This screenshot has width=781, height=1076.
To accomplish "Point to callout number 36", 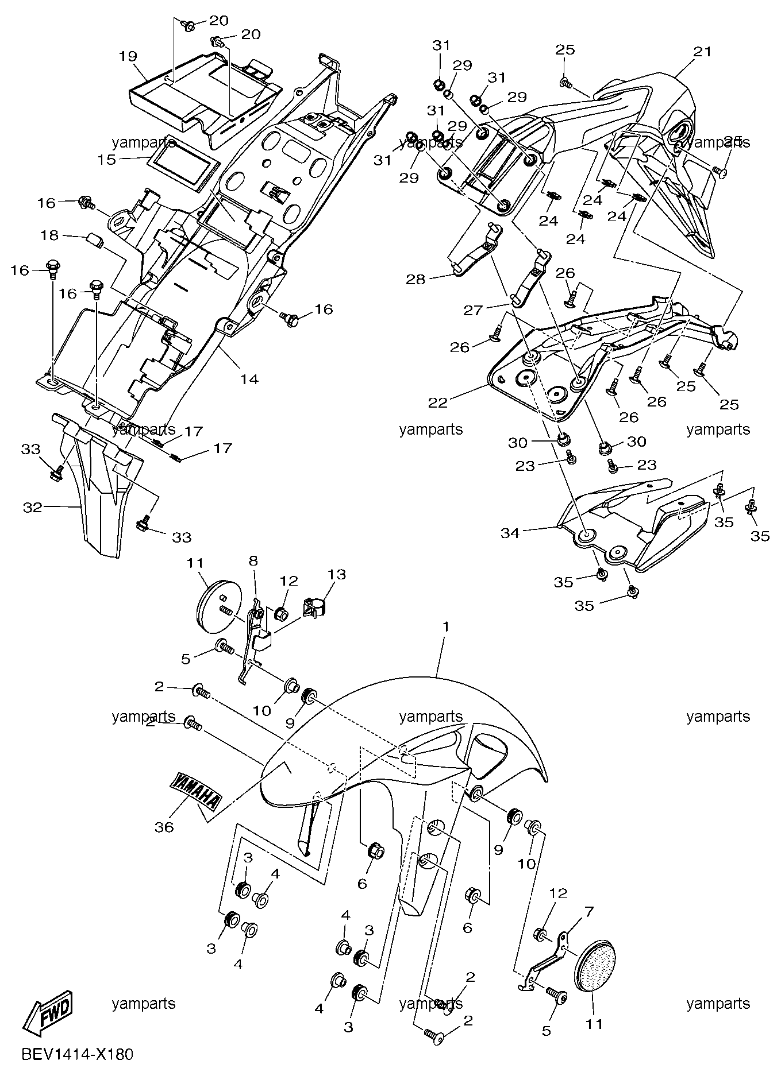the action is [164, 827].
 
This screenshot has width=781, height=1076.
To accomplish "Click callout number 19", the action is [128, 56].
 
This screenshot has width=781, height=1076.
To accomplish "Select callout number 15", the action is [106, 159].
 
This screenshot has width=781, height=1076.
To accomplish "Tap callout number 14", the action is [249, 379].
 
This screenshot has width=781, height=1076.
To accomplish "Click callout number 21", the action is [702, 52].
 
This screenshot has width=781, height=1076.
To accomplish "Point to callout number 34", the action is [510, 533].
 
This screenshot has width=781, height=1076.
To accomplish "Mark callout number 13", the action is [337, 574].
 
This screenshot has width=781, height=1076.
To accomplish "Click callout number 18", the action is [50, 235].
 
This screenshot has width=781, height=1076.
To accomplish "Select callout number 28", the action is [416, 280].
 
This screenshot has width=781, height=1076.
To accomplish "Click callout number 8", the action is [253, 561].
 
